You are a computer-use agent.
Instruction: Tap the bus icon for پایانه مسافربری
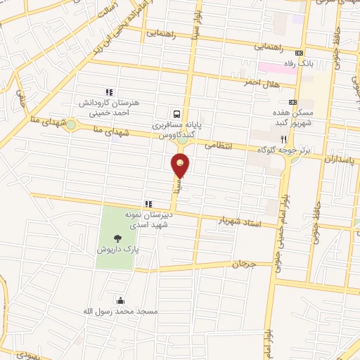click(x=177, y=112)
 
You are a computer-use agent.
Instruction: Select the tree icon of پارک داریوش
click(x=117, y=239)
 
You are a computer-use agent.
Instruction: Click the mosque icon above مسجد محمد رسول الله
click(x=122, y=300)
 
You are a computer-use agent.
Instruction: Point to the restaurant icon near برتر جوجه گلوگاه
click(x=283, y=139)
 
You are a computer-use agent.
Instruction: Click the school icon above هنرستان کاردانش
click(x=109, y=92)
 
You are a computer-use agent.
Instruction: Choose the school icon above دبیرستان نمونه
click(x=148, y=204)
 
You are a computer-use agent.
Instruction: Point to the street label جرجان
click(x=240, y=264)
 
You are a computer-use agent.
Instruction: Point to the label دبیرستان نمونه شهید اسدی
click(x=147, y=219)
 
